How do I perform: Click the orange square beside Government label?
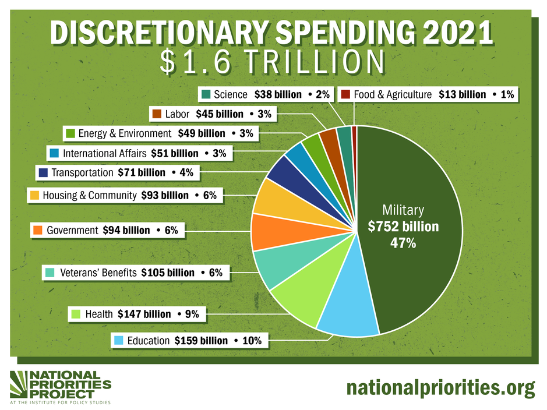(x=38, y=231)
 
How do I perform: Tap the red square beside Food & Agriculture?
(x=345, y=94)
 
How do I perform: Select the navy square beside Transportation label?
(x=43, y=172)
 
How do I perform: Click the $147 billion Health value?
(x=144, y=314)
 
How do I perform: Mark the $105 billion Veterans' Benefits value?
(x=168, y=273)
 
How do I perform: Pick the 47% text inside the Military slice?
(x=403, y=243)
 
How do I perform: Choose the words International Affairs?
(x=104, y=154)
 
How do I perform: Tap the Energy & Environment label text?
(x=125, y=133)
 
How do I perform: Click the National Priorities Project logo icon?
(x=22, y=384)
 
